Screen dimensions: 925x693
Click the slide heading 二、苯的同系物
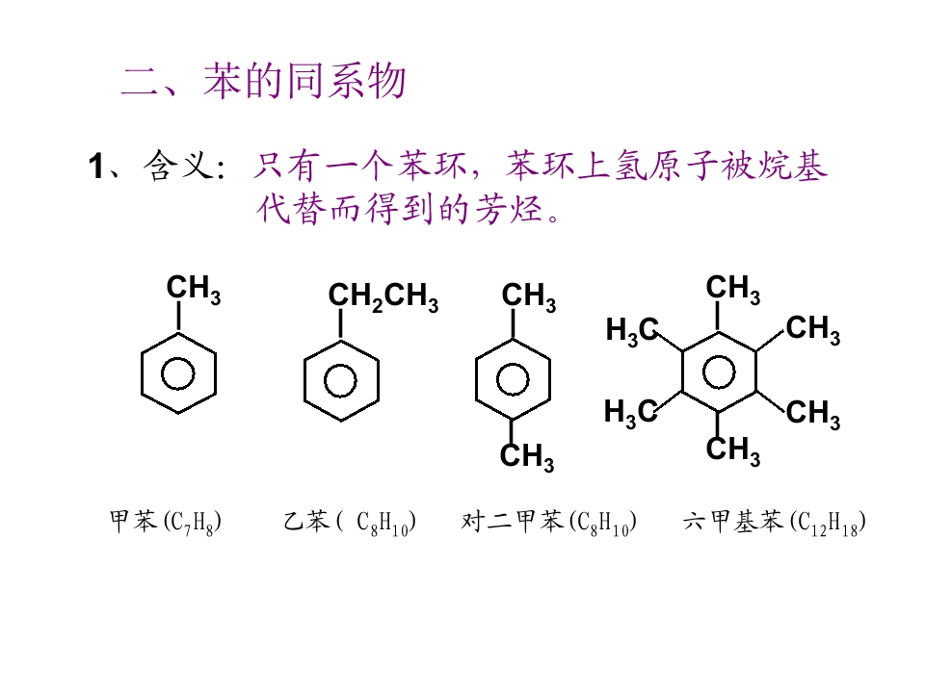pyautogui.click(x=263, y=81)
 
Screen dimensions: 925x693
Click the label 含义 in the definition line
pyautogui.click(x=179, y=166)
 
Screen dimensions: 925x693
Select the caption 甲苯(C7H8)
pyautogui.click(x=166, y=522)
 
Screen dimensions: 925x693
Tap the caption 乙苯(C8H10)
pyautogui.click(x=350, y=522)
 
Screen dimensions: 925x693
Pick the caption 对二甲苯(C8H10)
pyautogui.click(x=548, y=522)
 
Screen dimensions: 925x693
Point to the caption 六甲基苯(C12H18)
pyautogui.click(x=775, y=522)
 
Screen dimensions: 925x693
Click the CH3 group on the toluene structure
pyautogui.click(x=194, y=290)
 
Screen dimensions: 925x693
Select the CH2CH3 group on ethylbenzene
pyautogui.click(x=383, y=296)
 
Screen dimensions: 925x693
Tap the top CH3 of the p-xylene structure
pyautogui.click(x=529, y=296)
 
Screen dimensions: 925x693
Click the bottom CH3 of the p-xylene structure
pyautogui.click(x=527, y=456)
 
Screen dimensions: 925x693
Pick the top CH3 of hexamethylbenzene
pyautogui.click(x=733, y=289)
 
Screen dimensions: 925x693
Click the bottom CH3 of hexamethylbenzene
pyautogui.click(x=733, y=450)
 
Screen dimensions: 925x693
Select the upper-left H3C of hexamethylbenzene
pyautogui.click(x=632, y=330)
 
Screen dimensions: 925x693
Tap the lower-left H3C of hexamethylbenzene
pyautogui.click(x=630, y=412)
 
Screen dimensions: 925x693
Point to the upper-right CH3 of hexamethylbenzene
pyautogui.click(x=813, y=329)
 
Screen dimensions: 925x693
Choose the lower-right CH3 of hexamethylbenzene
pyautogui.click(x=813, y=413)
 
